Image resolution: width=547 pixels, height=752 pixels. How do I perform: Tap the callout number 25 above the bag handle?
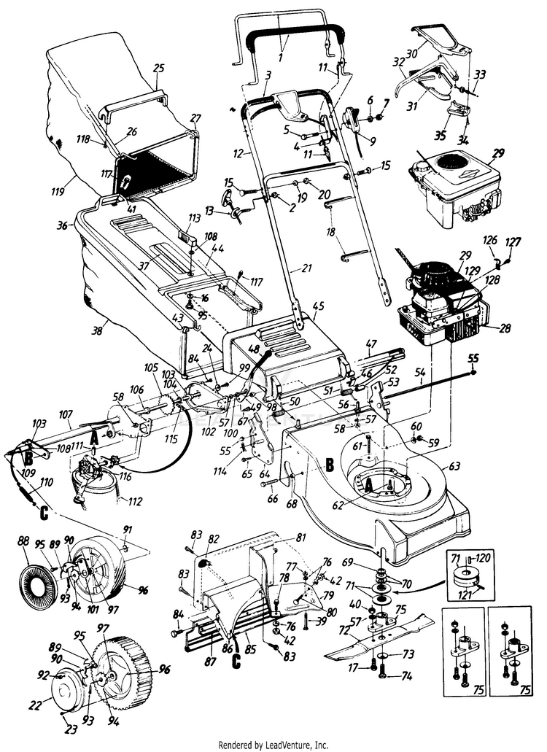coord(159,68)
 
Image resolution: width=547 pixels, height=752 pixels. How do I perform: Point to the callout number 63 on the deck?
coord(454,465)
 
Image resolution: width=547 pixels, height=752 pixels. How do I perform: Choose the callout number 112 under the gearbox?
coord(136,501)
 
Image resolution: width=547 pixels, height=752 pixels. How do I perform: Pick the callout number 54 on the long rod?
coord(419,373)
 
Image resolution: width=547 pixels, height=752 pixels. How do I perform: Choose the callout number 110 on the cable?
coord(45,482)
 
